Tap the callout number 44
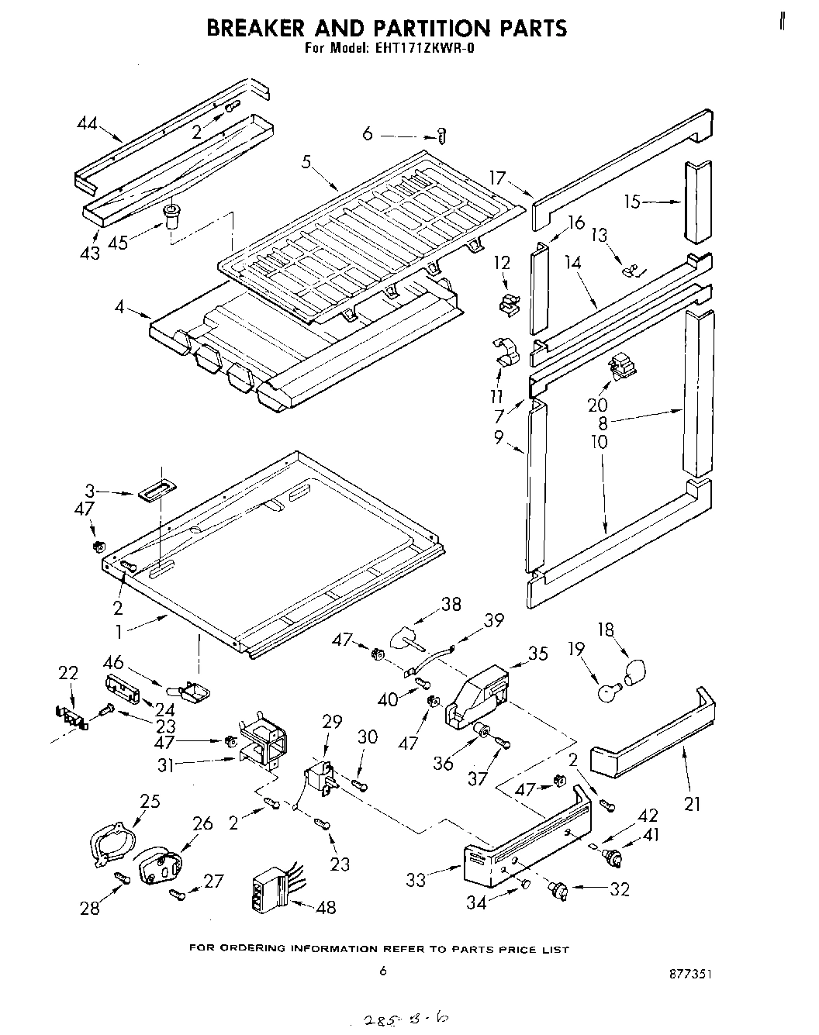click(89, 122)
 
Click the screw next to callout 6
click(442, 135)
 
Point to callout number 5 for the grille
click(306, 162)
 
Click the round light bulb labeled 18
click(634, 668)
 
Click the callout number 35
click(537, 654)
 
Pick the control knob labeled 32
click(558, 891)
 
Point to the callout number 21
click(692, 803)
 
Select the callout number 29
click(332, 722)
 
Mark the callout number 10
click(599, 442)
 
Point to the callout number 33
click(416, 880)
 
